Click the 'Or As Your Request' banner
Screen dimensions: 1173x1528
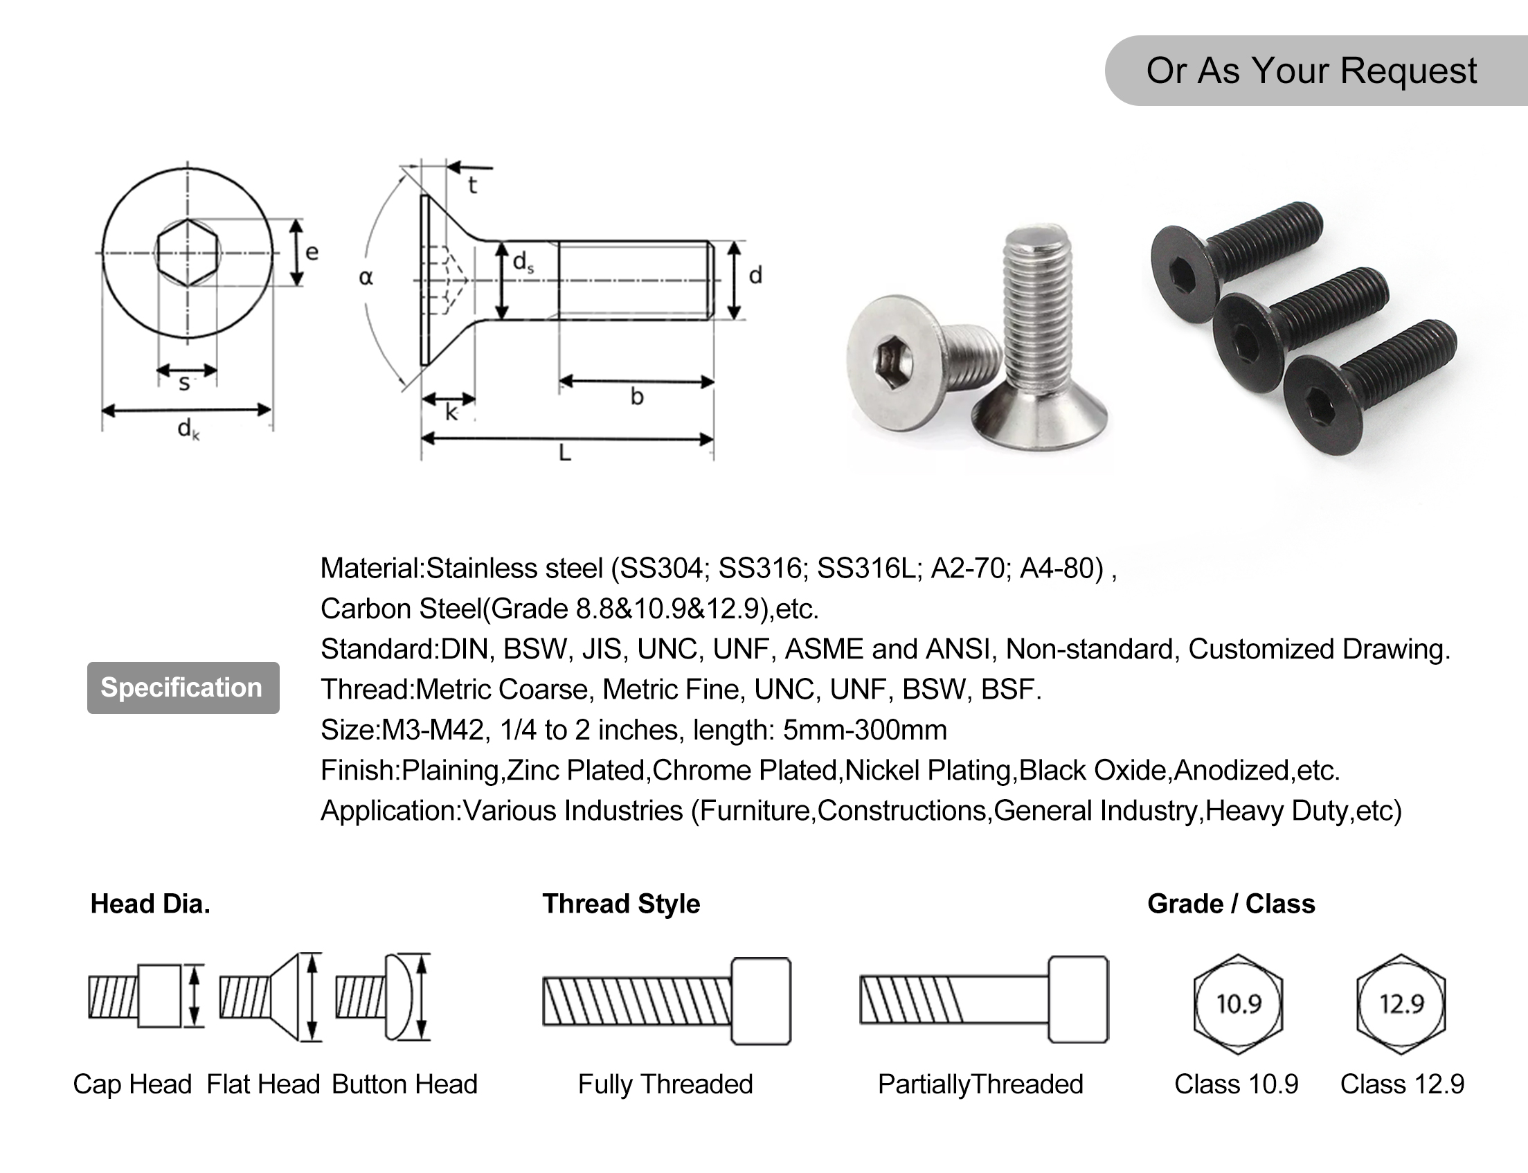1311,71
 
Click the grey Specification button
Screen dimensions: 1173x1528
183,688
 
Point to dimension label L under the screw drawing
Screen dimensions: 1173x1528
565,454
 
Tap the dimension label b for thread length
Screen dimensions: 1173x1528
636,397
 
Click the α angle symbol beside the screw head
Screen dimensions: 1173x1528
366,278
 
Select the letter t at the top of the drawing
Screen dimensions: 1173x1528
473,186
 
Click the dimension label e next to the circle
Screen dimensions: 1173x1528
312,252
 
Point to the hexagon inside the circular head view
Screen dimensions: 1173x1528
187,253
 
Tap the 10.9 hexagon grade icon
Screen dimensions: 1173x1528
1239,1004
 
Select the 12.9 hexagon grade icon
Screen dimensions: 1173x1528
1401,1004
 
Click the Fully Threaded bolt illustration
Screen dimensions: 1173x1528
667,1001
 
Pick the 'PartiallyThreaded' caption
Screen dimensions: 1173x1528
980,1084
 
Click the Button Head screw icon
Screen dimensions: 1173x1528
384,997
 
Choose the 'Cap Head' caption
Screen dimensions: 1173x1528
132,1084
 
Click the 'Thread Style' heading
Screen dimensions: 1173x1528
620,904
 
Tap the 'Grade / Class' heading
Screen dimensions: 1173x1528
1230,904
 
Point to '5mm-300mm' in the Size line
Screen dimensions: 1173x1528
864,731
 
